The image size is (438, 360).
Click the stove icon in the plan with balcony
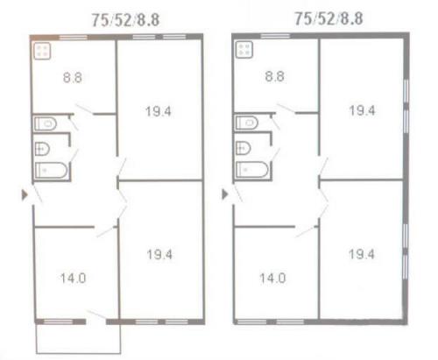[42, 51]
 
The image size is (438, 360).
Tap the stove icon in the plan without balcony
[244, 50]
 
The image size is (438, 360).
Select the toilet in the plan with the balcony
[46, 124]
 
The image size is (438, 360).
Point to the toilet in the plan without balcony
[247, 123]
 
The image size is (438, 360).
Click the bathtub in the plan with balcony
[52, 170]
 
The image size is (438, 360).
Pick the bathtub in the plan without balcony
[252, 169]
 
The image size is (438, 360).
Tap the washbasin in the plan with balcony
[42, 149]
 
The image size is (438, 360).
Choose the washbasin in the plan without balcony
[243, 148]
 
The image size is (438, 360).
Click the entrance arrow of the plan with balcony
[25, 194]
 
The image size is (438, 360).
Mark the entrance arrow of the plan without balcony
[225, 194]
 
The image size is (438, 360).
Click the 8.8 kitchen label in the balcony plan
[73, 78]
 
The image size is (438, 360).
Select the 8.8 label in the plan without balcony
[274, 76]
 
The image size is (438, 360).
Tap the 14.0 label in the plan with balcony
[74, 279]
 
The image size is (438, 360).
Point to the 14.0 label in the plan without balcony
[272, 279]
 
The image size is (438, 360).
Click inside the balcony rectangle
[78, 339]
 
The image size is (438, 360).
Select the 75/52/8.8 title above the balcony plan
[125, 20]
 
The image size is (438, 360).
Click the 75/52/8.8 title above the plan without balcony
[328, 18]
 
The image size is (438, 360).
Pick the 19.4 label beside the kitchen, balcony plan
[159, 111]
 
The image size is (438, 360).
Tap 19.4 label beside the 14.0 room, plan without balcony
[362, 254]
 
